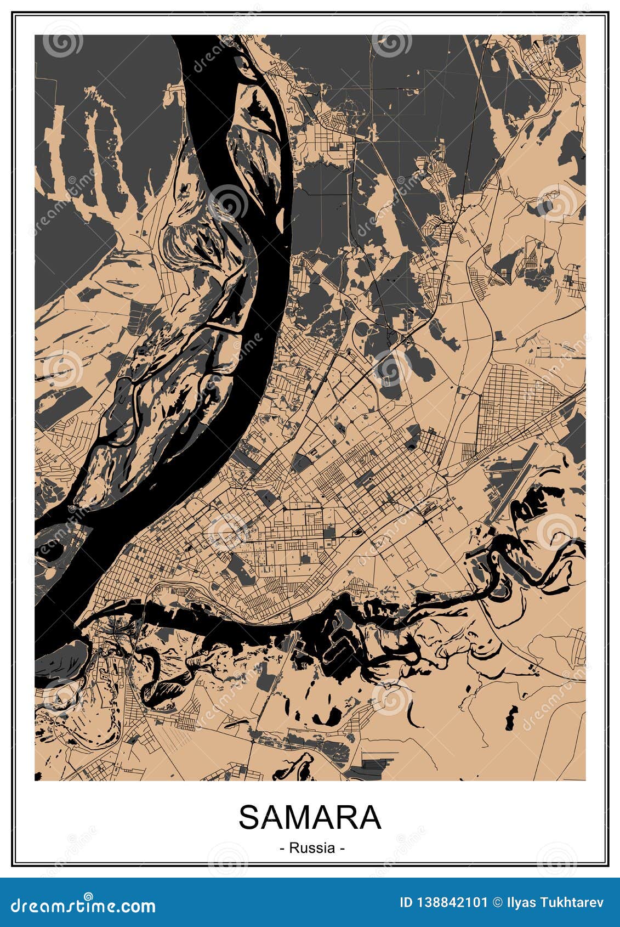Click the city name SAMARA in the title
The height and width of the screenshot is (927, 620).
pyautogui.click(x=310, y=818)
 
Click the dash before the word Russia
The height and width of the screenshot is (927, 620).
pyautogui.click(x=282, y=848)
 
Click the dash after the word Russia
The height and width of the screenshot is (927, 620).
pyautogui.click(x=342, y=848)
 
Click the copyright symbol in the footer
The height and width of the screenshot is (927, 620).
pyautogui.click(x=497, y=902)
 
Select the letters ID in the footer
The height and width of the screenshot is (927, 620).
pyautogui.click(x=407, y=902)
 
